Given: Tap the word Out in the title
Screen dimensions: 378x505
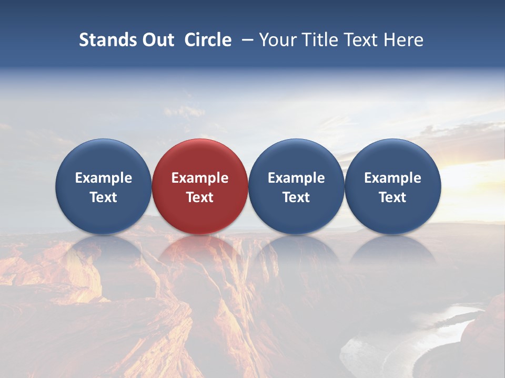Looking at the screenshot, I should coord(157,40).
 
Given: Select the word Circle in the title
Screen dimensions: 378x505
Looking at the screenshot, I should coord(208,40).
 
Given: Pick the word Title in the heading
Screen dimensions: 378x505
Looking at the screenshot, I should coord(319,40).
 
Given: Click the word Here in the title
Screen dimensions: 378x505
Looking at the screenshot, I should coord(404,40).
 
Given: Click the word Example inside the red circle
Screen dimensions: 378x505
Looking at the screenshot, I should coord(200,178).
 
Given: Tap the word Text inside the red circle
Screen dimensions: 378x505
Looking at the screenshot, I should coord(200,197).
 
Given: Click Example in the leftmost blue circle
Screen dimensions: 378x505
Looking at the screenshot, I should coord(104,178).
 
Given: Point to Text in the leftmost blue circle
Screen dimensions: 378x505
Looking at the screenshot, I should coord(104,197).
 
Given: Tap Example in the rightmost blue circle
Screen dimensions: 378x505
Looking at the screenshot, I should coord(392,178).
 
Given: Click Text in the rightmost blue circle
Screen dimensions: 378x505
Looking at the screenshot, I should coord(392,197).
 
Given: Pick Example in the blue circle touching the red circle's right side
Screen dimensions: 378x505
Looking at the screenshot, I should coord(296,178).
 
